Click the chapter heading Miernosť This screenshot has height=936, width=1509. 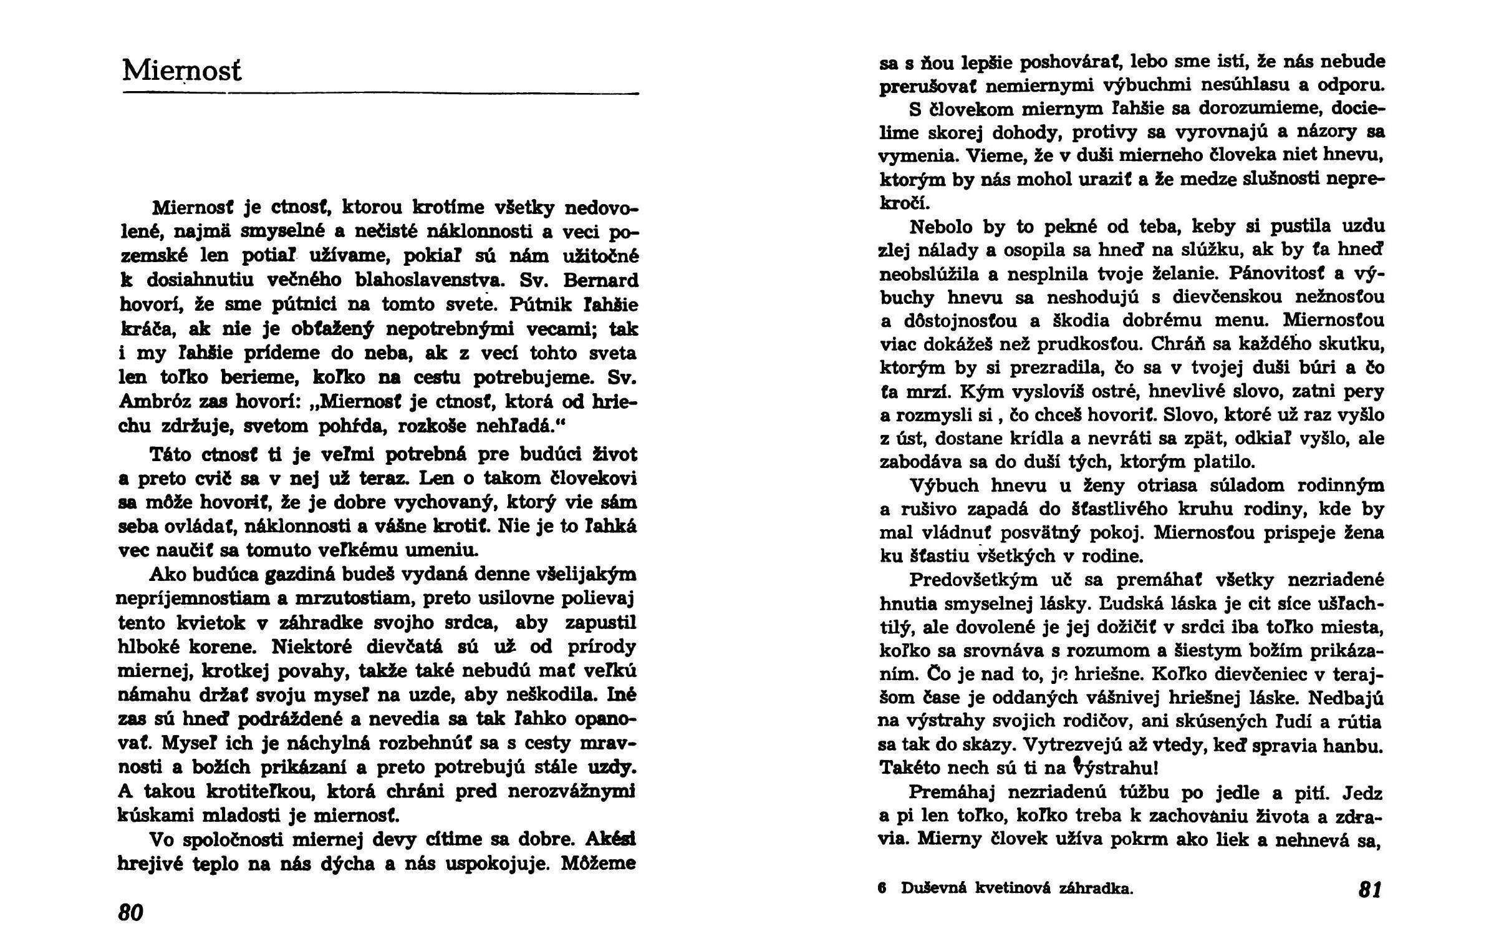coord(181,71)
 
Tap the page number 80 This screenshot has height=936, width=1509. coord(130,912)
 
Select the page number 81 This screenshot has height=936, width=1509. coord(1370,889)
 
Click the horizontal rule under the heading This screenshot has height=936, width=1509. coord(381,94)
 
